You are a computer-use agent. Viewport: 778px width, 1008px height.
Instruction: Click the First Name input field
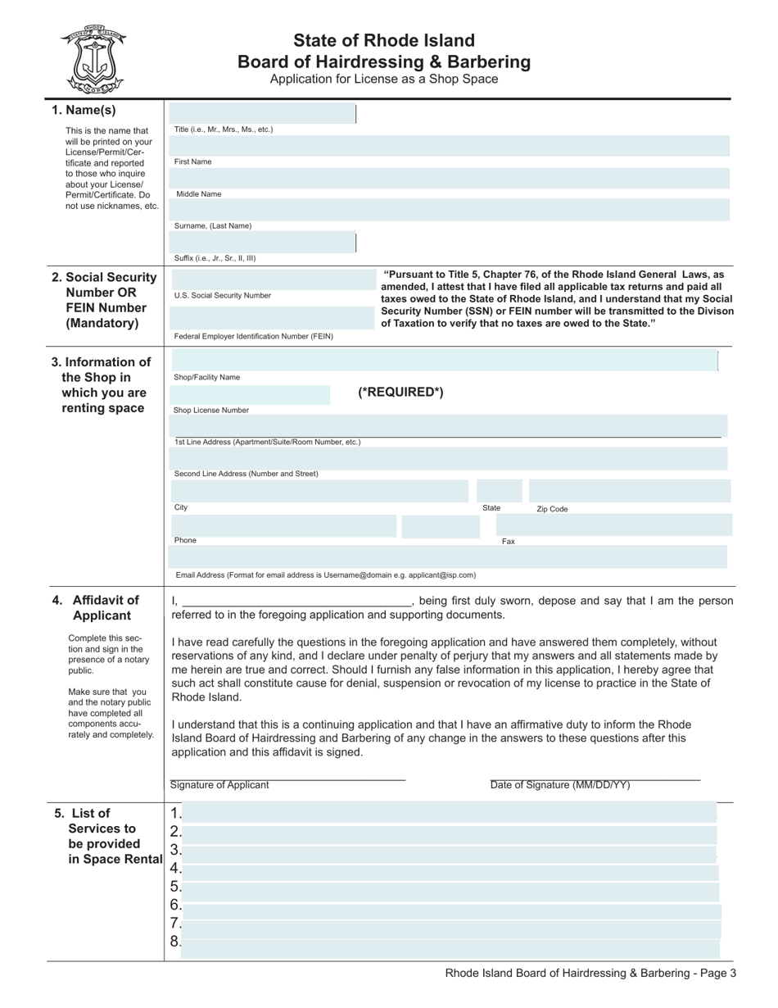pos(449,146)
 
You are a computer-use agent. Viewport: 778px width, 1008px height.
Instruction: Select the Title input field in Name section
pos(262,114)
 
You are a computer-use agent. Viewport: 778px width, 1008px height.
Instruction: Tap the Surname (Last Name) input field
pos(449,211)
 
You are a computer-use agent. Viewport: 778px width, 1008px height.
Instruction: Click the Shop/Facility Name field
pos(443,361)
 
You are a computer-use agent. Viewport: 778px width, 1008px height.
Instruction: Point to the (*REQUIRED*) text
pos(400,393)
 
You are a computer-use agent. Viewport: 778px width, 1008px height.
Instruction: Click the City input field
pos(319,491)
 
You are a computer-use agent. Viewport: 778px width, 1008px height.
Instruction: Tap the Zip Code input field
pos(628,491)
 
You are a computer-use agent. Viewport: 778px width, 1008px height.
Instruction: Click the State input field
pos(499,491)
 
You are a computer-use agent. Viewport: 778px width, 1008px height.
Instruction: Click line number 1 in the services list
pos(450,814)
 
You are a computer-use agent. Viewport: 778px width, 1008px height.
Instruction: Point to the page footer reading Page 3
pos(590,974)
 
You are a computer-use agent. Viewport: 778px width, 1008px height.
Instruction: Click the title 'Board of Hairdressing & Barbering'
pos(383,61)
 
